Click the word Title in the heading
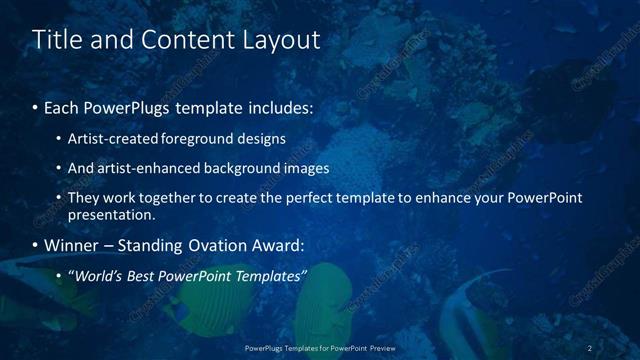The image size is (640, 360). pyautogui.click(x=56, y=40)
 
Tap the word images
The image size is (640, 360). pyautogui.click(x=304, y=168)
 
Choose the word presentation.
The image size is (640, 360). pyautogui.click(x=111, y=215)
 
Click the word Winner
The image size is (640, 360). pyautogui.click(x=73, y=245)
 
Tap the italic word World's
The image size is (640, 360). pyautogui.click(x=98, y=276)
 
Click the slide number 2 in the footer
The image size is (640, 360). pyautogui.click(x=590, y=348)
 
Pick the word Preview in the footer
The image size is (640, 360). pyautogui.click(x=378, y=348)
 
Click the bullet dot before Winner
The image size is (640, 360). pyautogui.click(x=36, y=246)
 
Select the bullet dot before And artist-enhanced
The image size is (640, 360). pyautogui.click(x=59, y=169)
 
